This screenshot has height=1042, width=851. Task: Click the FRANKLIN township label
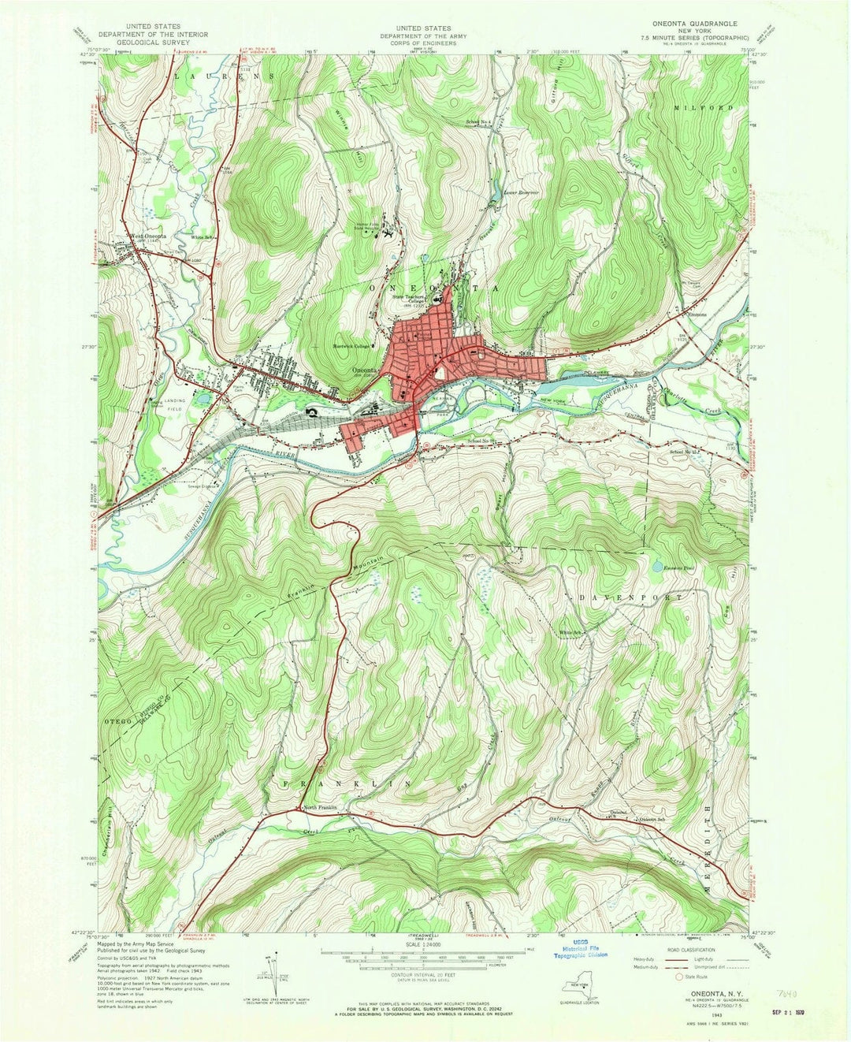click(x=347, y=783)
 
